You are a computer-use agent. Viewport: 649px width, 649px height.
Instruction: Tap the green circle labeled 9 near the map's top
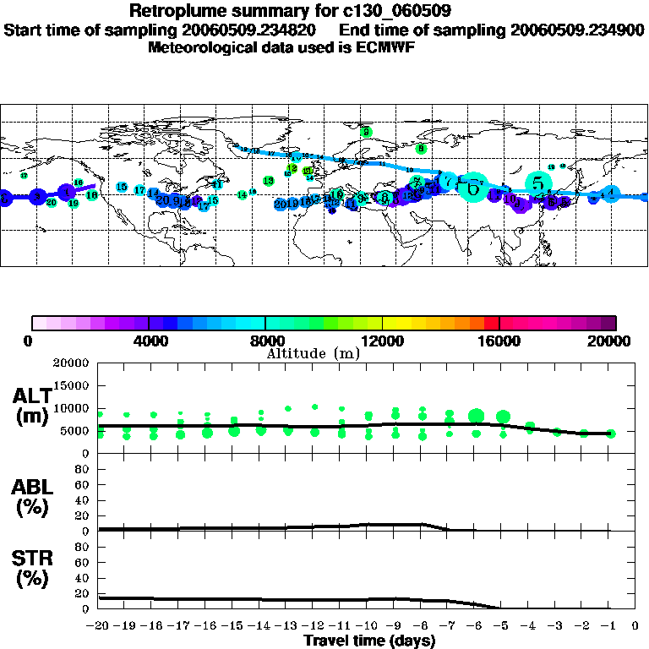[366, 132]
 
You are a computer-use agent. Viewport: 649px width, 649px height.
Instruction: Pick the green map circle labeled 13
[269, 181]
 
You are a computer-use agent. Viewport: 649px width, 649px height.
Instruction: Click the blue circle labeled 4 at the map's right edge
[611, 194]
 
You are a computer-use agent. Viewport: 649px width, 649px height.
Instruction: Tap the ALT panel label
[31, 405]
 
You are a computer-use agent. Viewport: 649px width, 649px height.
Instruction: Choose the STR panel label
[31, 567]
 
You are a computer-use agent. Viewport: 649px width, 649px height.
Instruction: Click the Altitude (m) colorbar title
[314, 352]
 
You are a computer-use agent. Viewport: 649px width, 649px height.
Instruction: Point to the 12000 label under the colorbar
[383, 341]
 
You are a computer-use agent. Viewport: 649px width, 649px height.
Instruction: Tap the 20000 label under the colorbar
[611, 341]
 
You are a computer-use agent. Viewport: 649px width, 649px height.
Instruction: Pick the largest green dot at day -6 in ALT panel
[476, 415]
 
